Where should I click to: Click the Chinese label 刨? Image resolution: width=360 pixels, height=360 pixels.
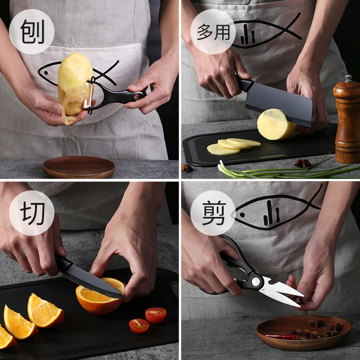click(31, 31)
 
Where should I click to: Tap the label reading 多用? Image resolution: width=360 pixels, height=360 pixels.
click(213, 31)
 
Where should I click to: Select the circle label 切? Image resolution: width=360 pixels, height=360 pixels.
click(31, 213)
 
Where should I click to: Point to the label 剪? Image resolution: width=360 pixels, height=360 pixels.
click(213, 213)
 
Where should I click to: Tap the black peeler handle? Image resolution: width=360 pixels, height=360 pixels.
click(121, 96)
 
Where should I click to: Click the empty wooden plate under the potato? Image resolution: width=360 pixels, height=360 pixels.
click(79, 167)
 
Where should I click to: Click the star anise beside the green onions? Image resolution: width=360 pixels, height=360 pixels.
click(302, 162)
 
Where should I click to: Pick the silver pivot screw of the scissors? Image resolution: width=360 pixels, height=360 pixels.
click(256, 281)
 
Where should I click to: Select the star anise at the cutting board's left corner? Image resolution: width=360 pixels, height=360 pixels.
click(187, 168)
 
